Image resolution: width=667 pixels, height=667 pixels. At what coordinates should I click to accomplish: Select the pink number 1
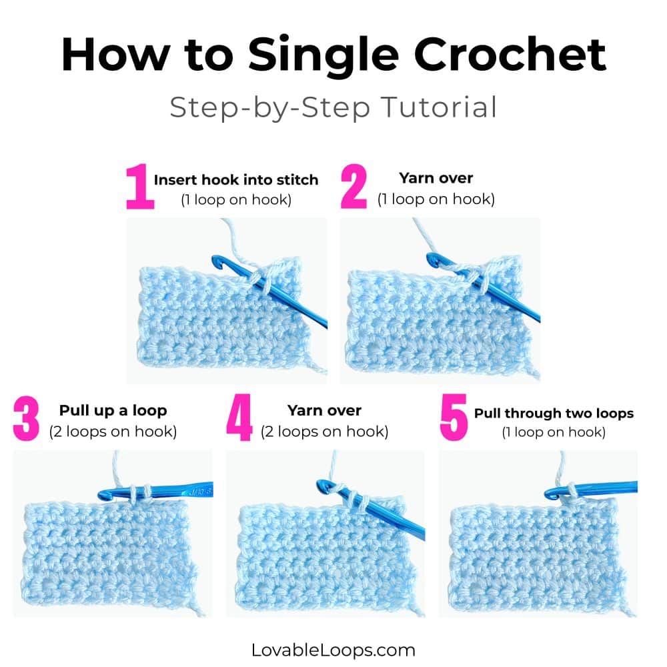click(x=139, y=189)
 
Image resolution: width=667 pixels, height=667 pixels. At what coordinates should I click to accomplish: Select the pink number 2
click(x=354, y=189)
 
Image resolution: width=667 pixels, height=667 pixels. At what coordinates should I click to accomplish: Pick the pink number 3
click(x=26, y=420)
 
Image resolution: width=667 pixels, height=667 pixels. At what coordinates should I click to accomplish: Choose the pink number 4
click(x=239, y=420)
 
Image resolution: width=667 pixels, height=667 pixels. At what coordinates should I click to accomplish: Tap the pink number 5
click(x=452, y=420)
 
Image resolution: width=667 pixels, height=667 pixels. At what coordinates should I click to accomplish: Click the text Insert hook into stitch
click(x=236, y=180)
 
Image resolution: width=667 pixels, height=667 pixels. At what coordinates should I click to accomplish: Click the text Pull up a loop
click(x=113, y=411)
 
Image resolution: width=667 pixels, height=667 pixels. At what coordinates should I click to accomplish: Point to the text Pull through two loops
click(x=554, y=414)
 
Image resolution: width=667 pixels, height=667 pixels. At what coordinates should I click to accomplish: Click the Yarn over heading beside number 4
click(x=324, y=411)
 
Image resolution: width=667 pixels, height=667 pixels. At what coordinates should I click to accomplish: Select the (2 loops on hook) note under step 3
click(x=113, y=432)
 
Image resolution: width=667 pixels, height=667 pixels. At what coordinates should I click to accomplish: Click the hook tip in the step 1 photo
click(x=217, y=261)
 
